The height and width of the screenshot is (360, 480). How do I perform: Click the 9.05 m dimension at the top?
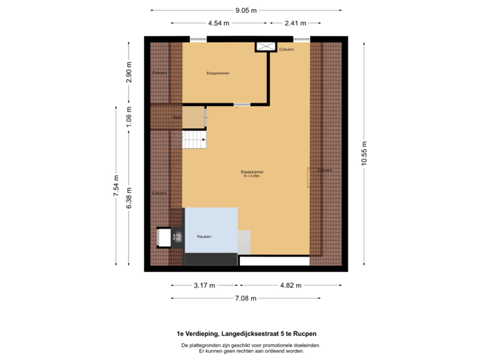246,10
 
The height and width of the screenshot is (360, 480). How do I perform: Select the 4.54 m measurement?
219,23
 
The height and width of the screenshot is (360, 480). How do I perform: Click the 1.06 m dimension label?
129,117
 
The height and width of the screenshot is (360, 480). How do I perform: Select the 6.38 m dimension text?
129,197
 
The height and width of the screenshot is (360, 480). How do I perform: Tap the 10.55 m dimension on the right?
363,155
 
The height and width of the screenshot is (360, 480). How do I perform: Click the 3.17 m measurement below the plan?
204,285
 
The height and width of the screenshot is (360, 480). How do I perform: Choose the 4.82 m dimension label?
290,285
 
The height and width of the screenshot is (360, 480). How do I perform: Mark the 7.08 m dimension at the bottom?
246,299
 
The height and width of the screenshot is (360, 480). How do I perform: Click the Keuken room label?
204,237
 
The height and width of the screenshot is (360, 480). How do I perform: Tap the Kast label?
177,117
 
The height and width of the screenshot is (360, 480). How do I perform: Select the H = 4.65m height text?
253,177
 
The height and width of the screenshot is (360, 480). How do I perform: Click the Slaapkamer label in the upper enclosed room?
218,73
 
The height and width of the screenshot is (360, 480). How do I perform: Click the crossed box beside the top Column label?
265,46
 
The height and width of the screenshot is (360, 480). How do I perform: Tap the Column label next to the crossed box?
287,49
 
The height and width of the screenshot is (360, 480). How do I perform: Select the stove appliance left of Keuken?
177,237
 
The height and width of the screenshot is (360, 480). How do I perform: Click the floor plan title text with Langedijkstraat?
246,333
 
